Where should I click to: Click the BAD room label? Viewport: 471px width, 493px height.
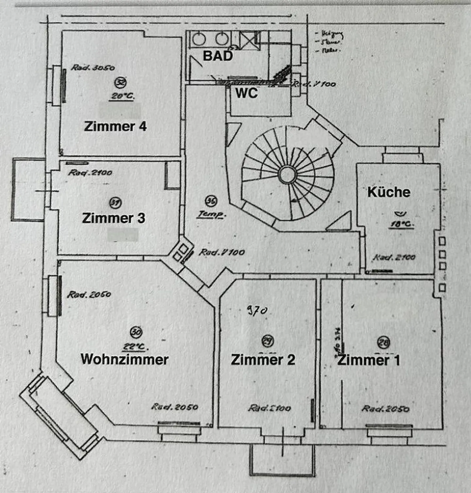pyautogui.click(x=218, y=56)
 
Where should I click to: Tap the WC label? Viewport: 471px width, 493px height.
pyautogui.click(x=246, y=93)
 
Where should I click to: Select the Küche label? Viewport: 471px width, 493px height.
pyautogui.click(x=389, y=192)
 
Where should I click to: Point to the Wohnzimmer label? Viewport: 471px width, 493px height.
pyautogui.click(x=124, y=359)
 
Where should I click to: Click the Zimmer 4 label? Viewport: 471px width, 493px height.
pyautogui.click(x=115, y=127)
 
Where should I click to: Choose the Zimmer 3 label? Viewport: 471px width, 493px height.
pyautogui.click(x=113, y=218)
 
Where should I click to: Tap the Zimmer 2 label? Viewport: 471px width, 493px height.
pyautogui.click(x=263, y=360)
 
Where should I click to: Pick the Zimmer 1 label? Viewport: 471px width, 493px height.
pyautogui.click(x=368, y=360)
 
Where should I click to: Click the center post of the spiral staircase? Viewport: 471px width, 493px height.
pyautogui.click(x=287, y=174)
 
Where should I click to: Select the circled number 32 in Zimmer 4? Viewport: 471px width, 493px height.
pyautogui.click(x=120, y=82)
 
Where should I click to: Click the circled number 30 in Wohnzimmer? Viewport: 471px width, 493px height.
pyautogui.click(x=136, y=332)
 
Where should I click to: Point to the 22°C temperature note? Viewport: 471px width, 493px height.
pyautogui.click(x=134, y=347)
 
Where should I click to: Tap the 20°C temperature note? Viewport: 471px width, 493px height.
pyautogui.click(x=122, y=96)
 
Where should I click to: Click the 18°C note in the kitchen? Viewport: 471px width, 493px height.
pyautogui.click(x=401, y=224)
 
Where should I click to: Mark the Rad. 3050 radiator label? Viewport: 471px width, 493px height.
pyautogui.click(x=93, y=68)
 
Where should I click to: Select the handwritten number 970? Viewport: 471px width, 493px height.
pyautogui.click(x=257, y=310)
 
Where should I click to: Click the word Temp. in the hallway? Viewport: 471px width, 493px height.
pyautogui.click(x=211, y=214)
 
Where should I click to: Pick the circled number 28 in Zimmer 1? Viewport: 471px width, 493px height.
pyautogui.click(x=383, y=342)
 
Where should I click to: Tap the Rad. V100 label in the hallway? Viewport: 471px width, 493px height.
pyautogui.click(x=222, y=252)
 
